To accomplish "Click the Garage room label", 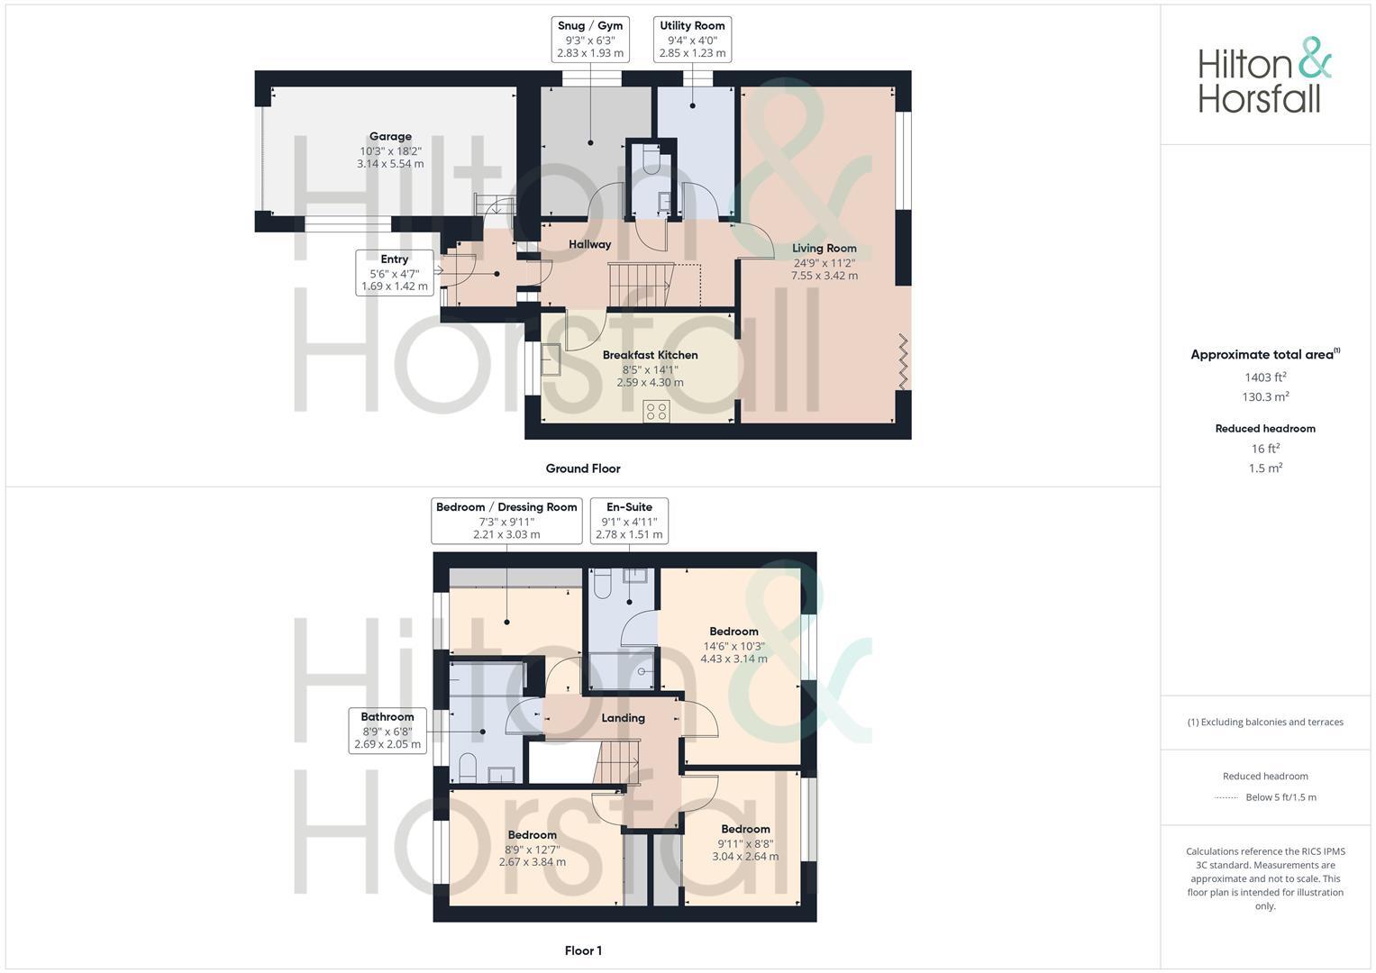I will coord(390,137).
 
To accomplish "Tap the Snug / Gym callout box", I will coord(589,40).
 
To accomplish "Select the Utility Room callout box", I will coord(692,40).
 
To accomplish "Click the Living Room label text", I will coord(824,249).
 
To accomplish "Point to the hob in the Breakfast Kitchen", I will coord(656,412).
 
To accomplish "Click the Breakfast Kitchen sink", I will coord(551,360).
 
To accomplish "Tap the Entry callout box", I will coord(395,273).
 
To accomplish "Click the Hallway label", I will coord(589,244).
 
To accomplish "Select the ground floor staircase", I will coord(641,284).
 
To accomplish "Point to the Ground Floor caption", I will coord(583,468).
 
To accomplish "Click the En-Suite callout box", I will coord(629,521).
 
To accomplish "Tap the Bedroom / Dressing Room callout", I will coord(506,521).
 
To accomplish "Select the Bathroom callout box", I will coord(387,731).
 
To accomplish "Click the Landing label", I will coord(623,718).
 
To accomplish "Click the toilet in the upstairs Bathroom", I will coord(468,768).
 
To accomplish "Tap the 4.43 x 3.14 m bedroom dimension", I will coord(734,659).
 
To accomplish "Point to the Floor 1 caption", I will coord(583,950).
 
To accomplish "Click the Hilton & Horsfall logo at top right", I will coord(1264,76).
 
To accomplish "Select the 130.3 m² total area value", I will coord(1265,397).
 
